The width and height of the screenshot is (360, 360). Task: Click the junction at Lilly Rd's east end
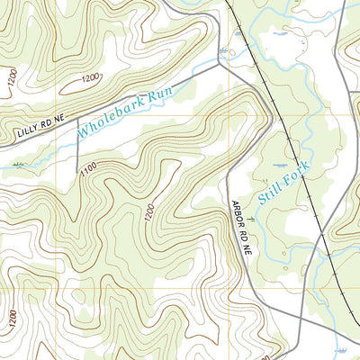tap(220, 65)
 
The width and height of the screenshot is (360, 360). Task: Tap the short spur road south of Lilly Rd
tap(77, 144)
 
